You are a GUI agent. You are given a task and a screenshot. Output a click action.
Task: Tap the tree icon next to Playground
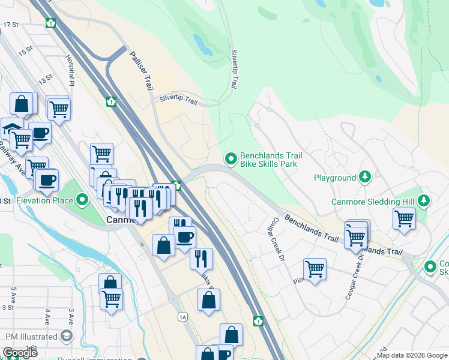tap(364, 178)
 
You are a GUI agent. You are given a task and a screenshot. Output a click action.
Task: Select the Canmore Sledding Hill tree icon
tap(424, 201)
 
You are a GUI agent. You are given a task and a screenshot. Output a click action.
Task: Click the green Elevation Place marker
tap(83, 200)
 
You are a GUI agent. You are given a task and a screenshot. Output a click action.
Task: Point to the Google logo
tap(20, 353)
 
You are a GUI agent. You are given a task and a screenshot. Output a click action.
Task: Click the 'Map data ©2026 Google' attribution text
tap(412, 355)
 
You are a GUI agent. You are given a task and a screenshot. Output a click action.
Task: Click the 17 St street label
tap(11, 25)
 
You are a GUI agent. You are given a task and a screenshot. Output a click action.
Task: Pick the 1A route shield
tap(182, 316)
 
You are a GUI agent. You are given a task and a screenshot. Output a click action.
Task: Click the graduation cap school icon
tap(12, 128)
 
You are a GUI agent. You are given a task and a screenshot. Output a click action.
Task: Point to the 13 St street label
tap(46, 80)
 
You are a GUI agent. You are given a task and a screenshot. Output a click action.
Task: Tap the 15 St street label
tap(26, 51)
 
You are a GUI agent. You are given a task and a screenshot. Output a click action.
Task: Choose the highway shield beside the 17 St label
tap(50, 23)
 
